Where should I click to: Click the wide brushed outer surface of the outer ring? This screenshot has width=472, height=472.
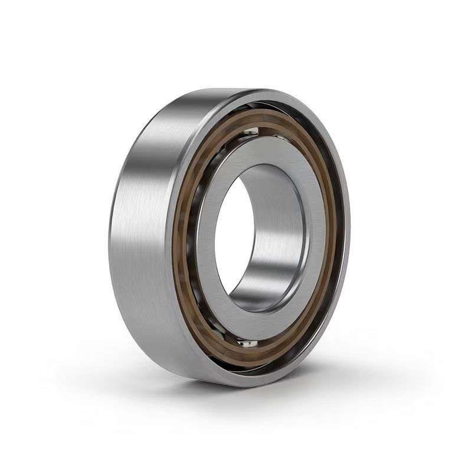[147, 236]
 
